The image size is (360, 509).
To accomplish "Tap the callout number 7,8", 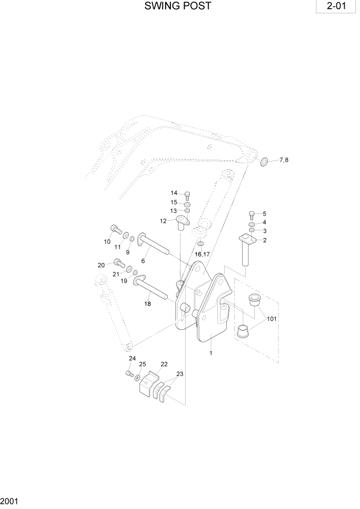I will pyautogui.click(x=284, y=161).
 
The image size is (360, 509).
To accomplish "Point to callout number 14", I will pyautogui.click(x=174, y=193).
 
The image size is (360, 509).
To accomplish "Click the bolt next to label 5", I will pyautogui.click(x=252, y=214).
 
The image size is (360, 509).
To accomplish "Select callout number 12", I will pyautogui.click(x=163, y=221).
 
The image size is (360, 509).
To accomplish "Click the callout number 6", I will pyautogui.click(x=143, y=261).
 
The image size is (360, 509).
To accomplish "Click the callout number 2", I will pyautogui.click(x=265, y=240).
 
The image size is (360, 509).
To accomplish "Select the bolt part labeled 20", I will pyautogui.click(x=119, y=263).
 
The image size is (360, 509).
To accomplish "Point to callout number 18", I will pyautogui.click(x=148, y=304).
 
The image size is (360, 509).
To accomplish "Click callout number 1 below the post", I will pyautogui.click(x=210, y=353).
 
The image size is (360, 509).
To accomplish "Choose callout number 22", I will pyautogui.click(x=164, y=364).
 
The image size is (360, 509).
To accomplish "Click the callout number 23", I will pyautogui.click(x=179, y=374).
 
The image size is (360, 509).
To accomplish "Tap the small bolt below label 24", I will pyautogui.click(x=129, y=375).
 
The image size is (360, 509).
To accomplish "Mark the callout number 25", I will pyautogui.click(x=143, y=364).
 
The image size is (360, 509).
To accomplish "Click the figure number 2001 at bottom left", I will pyautogui.click(x=8, y=500).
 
